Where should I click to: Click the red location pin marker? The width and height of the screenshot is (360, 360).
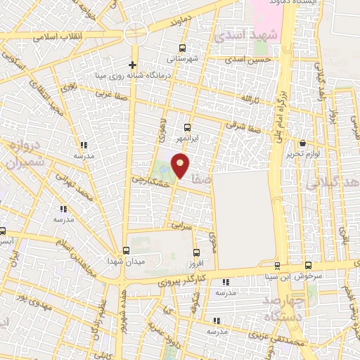181,166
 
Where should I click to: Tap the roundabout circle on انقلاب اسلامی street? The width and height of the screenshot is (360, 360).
135,34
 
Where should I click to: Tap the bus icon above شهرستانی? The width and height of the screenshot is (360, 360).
183,49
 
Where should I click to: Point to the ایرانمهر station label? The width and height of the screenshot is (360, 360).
187,139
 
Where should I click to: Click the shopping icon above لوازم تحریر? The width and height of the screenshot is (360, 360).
302,143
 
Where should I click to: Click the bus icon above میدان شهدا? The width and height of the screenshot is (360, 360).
126,250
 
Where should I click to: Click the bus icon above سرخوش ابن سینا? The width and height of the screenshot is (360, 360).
277,265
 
